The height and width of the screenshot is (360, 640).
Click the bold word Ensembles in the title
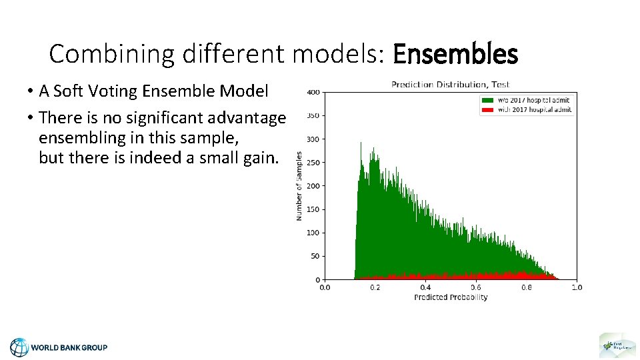click(455, 54)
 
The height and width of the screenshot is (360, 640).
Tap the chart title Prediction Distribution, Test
click(450, 85)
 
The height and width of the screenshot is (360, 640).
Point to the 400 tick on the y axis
click(313, 92)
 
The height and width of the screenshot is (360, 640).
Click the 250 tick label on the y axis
click(313, 163)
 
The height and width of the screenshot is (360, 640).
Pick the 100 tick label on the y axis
click(313, 233)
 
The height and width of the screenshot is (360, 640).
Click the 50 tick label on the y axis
click(315, 256)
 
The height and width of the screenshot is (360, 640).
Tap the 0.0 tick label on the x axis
click(324, 287)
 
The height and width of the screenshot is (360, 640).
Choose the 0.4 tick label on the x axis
click(425, 287)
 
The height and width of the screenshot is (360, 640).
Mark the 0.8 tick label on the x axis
click(526, 287)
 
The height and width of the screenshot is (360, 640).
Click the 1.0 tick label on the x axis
click(577, 287)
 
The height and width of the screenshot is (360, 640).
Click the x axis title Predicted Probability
click(451, 297)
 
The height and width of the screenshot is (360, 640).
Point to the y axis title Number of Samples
click(299, 186)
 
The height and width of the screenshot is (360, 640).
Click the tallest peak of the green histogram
click(361, 143)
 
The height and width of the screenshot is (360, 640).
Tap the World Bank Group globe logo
click(19, 347)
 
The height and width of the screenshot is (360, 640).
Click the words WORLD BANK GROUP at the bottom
click(69, 347)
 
